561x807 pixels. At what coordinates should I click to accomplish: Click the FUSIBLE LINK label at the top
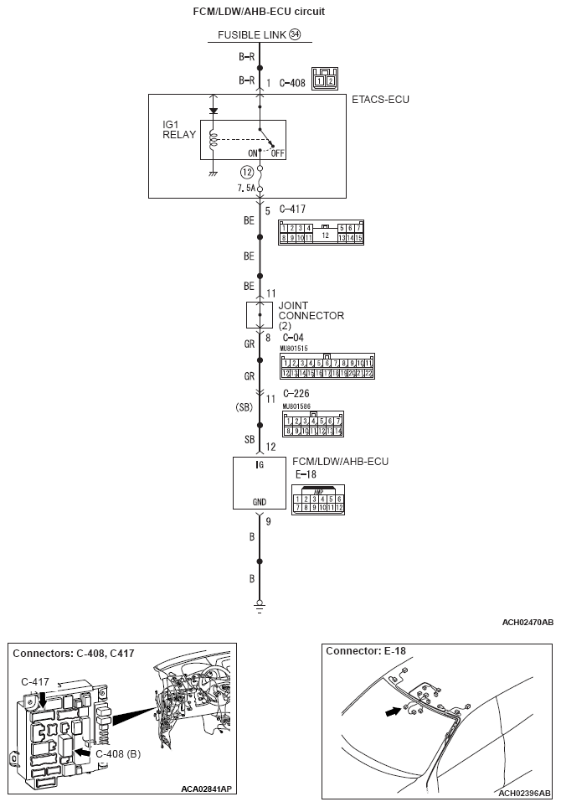pyautogui.click(x=251, y=35)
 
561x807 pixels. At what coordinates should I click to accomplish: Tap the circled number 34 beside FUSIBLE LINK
pyautogui.click(x=294, y=35)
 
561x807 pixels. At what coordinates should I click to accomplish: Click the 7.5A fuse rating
pyautogui.click(x=245, y=189)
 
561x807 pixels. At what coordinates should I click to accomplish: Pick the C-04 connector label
pyautogui.click(x=293, y=338)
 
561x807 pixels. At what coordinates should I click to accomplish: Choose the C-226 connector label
pyautogui.click(x=296, y=393)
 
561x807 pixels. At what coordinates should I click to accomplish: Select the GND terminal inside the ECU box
pyautogui.click(x=260, y=502)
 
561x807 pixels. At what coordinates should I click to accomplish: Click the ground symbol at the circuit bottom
pyautogui.click(x=260, y=603)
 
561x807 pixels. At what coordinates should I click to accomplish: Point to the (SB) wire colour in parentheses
pyautogui.click(x=244, y=407)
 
